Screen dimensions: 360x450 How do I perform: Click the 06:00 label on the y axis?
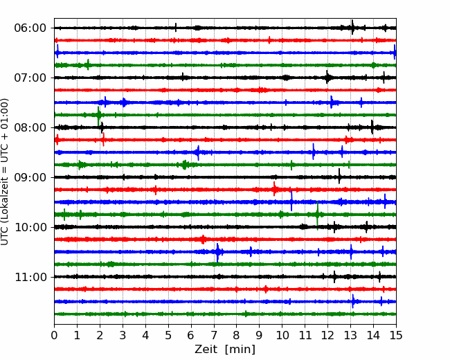30,28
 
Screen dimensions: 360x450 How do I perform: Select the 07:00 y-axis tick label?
30,78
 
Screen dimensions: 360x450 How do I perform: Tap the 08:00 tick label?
30,127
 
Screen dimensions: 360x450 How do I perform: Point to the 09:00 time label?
30,177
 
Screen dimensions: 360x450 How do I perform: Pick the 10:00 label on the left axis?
30,227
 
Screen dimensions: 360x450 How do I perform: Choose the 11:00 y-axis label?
30,277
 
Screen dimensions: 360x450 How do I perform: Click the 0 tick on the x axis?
55,336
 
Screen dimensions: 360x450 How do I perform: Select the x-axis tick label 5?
168,336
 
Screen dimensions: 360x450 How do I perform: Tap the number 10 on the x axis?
282,336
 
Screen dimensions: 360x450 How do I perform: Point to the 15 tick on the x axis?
395,336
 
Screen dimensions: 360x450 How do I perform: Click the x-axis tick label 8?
237,336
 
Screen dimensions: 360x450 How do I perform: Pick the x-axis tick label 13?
350,336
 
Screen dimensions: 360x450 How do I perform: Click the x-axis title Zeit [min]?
224,350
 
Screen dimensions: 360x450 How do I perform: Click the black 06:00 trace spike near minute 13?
352,28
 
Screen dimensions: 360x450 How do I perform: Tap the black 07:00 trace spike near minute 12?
327,78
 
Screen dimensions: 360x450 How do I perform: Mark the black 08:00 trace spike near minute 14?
372,127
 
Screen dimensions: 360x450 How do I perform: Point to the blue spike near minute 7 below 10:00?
218,252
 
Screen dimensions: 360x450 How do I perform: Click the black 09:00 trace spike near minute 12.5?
339,177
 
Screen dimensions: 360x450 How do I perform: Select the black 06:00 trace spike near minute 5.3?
176,28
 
